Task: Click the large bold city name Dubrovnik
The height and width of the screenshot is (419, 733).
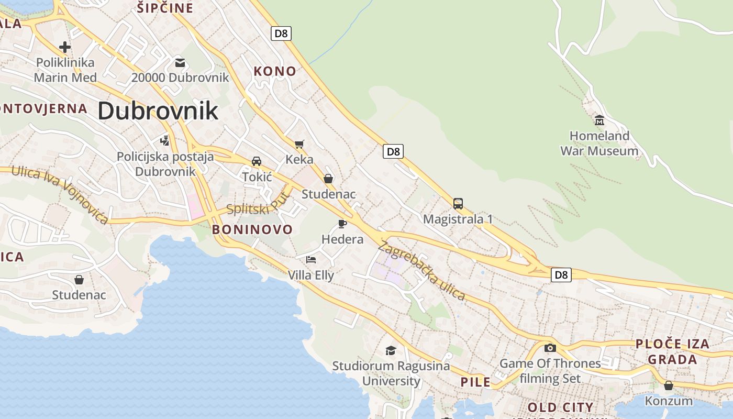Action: point(158,111)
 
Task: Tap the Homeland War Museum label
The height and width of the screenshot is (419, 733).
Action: point(599,144)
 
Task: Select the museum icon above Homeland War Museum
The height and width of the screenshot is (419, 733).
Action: point(599,120)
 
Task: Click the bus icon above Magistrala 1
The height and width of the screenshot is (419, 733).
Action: point(458,203)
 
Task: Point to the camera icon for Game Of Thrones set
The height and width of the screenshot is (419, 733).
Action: point(550,348)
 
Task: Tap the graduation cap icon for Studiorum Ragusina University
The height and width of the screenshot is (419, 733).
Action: point(391,350)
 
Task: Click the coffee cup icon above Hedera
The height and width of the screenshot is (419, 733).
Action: point(342,224)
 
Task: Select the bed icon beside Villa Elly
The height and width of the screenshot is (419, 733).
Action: point(311,259)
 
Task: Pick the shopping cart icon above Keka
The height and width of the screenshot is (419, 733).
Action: point(299,144)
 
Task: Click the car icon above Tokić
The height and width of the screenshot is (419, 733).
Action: point(257,161)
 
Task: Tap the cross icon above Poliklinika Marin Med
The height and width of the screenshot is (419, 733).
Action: point(65,47)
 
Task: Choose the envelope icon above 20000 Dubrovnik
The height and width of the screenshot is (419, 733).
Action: point(180,63)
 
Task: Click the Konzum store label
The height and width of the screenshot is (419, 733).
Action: point(669,401)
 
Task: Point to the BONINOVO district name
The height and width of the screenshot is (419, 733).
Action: point(252,229)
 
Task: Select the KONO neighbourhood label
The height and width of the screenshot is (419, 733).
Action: point(275,71)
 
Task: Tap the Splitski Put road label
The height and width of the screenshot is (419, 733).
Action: point(258,204)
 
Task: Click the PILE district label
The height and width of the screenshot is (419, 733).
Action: point(475,382)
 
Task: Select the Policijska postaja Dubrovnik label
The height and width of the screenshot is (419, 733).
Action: point(165,164)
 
